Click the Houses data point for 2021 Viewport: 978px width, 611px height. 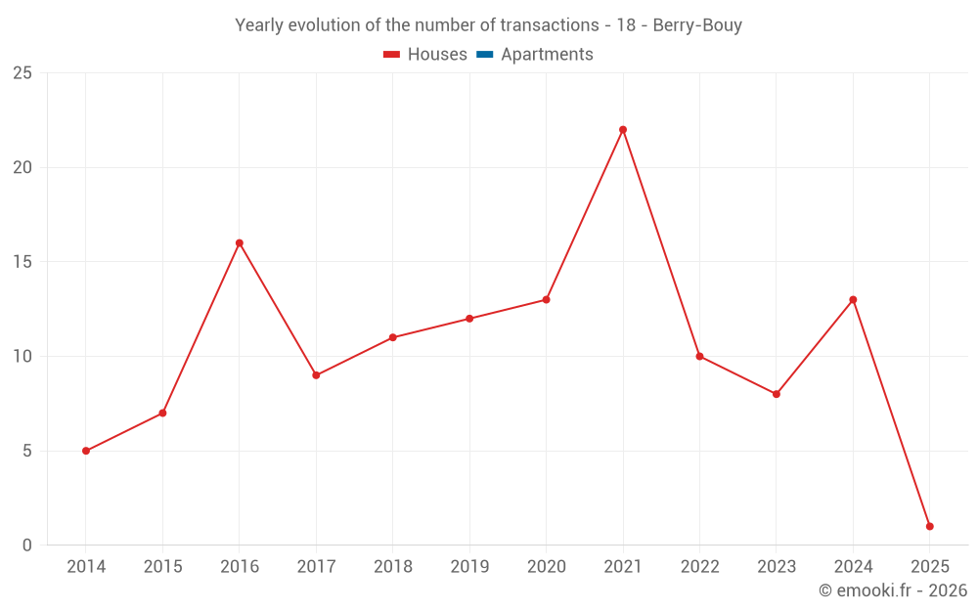623,130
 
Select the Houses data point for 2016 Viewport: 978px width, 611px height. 240,243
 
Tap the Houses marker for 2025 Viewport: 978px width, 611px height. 929,527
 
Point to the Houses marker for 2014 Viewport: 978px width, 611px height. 86,451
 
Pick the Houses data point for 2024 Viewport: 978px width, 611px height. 853,300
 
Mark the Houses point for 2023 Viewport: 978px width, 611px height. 777,394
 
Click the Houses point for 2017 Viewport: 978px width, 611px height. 316,375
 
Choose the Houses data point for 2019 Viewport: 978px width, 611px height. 469,319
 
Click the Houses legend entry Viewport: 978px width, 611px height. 425,55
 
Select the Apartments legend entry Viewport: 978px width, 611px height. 535,55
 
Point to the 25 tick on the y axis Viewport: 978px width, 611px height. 22,73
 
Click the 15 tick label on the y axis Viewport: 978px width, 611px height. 22,262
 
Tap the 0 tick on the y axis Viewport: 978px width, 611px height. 27,546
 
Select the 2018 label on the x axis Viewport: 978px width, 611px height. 393,567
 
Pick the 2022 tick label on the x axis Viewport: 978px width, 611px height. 699,567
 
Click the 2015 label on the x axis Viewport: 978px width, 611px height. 162,567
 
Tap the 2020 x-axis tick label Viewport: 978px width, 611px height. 546,567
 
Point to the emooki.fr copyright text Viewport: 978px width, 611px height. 893,590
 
